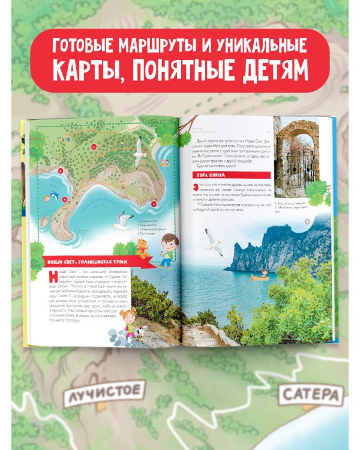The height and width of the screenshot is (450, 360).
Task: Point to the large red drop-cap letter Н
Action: tap(50, 277)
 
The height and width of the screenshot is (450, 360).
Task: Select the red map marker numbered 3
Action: tap(76, 146)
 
